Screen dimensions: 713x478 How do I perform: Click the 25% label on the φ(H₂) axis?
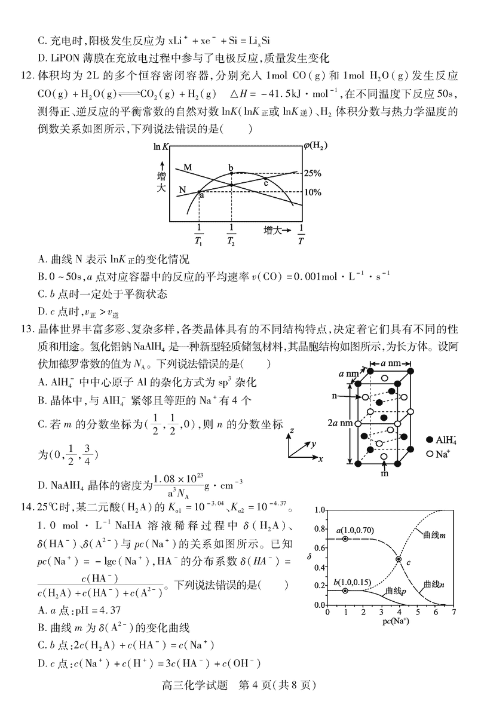pos(312,173)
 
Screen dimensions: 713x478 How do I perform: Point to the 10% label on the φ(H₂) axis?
pos(312,192)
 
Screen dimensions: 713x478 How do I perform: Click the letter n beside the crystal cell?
pos(348,396)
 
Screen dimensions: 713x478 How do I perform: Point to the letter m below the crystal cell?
pos(384,475)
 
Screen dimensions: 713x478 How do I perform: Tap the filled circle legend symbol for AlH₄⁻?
pos(429,439)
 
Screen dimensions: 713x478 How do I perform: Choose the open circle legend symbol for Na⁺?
pos(429,454)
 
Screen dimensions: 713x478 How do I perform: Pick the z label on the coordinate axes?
pos(291,430)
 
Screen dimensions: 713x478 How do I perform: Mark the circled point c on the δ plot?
pos(399,559)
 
